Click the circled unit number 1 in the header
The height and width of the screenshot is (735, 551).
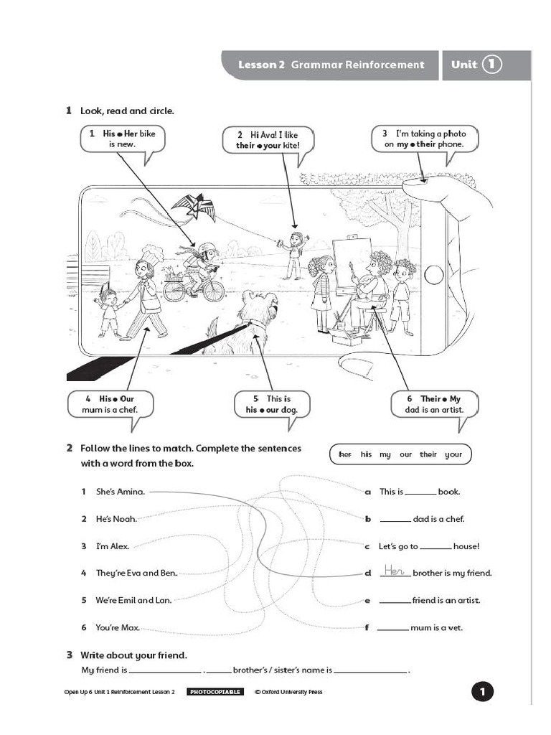(x=491, y=65)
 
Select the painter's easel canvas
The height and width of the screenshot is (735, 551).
(x=352, y=266)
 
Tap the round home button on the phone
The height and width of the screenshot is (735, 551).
(x=433, y=274)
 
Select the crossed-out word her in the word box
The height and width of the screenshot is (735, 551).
(x=345, y=454)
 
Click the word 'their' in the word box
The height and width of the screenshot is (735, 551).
(x=428, y=454)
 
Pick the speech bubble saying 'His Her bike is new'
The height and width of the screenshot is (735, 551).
(x=122, y=139)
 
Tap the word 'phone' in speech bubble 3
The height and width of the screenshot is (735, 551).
(x=451, y=144)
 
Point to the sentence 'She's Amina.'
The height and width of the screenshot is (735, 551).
(x=121, y=492)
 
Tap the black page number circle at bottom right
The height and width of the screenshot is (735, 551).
(x=482, y=692)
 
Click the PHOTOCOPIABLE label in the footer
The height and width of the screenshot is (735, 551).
(x=215, y=692)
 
